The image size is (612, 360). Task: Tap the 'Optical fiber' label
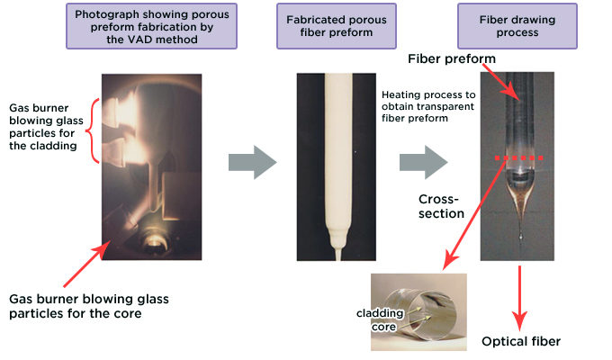(x=522, y=341)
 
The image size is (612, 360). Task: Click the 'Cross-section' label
(x=438, y=206)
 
